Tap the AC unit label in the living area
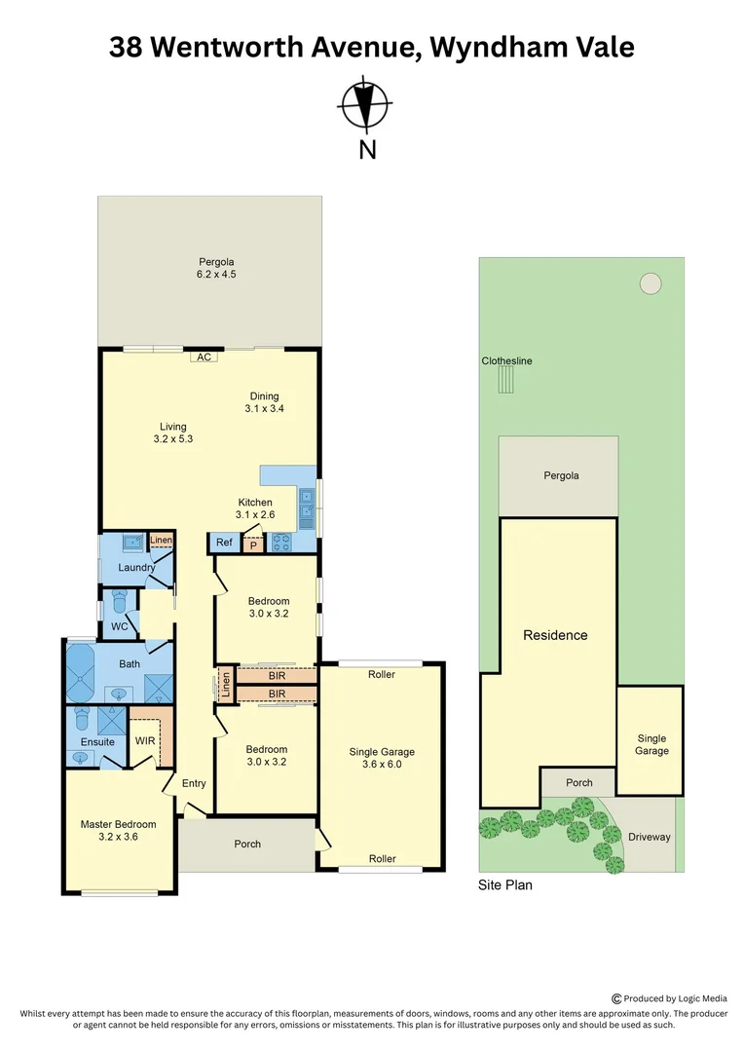click(204, 357)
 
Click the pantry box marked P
click(253, 545)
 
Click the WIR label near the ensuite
click(145, 741)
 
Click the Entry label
click(194, 784)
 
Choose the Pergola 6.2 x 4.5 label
click(217, 268)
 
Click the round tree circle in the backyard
click(650, 283)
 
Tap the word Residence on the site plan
click(555, 635)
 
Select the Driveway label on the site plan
click(651, 837)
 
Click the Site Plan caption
click(504, 886)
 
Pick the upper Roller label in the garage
click(382, 674)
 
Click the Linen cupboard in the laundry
click(161, 541)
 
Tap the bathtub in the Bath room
click(78, 672)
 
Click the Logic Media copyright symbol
click(615, 998)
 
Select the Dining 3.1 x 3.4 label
click(264, 402)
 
